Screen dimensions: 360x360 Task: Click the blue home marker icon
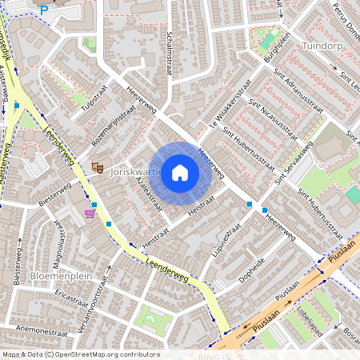[180, 172]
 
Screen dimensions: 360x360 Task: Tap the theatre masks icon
[98, 167]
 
